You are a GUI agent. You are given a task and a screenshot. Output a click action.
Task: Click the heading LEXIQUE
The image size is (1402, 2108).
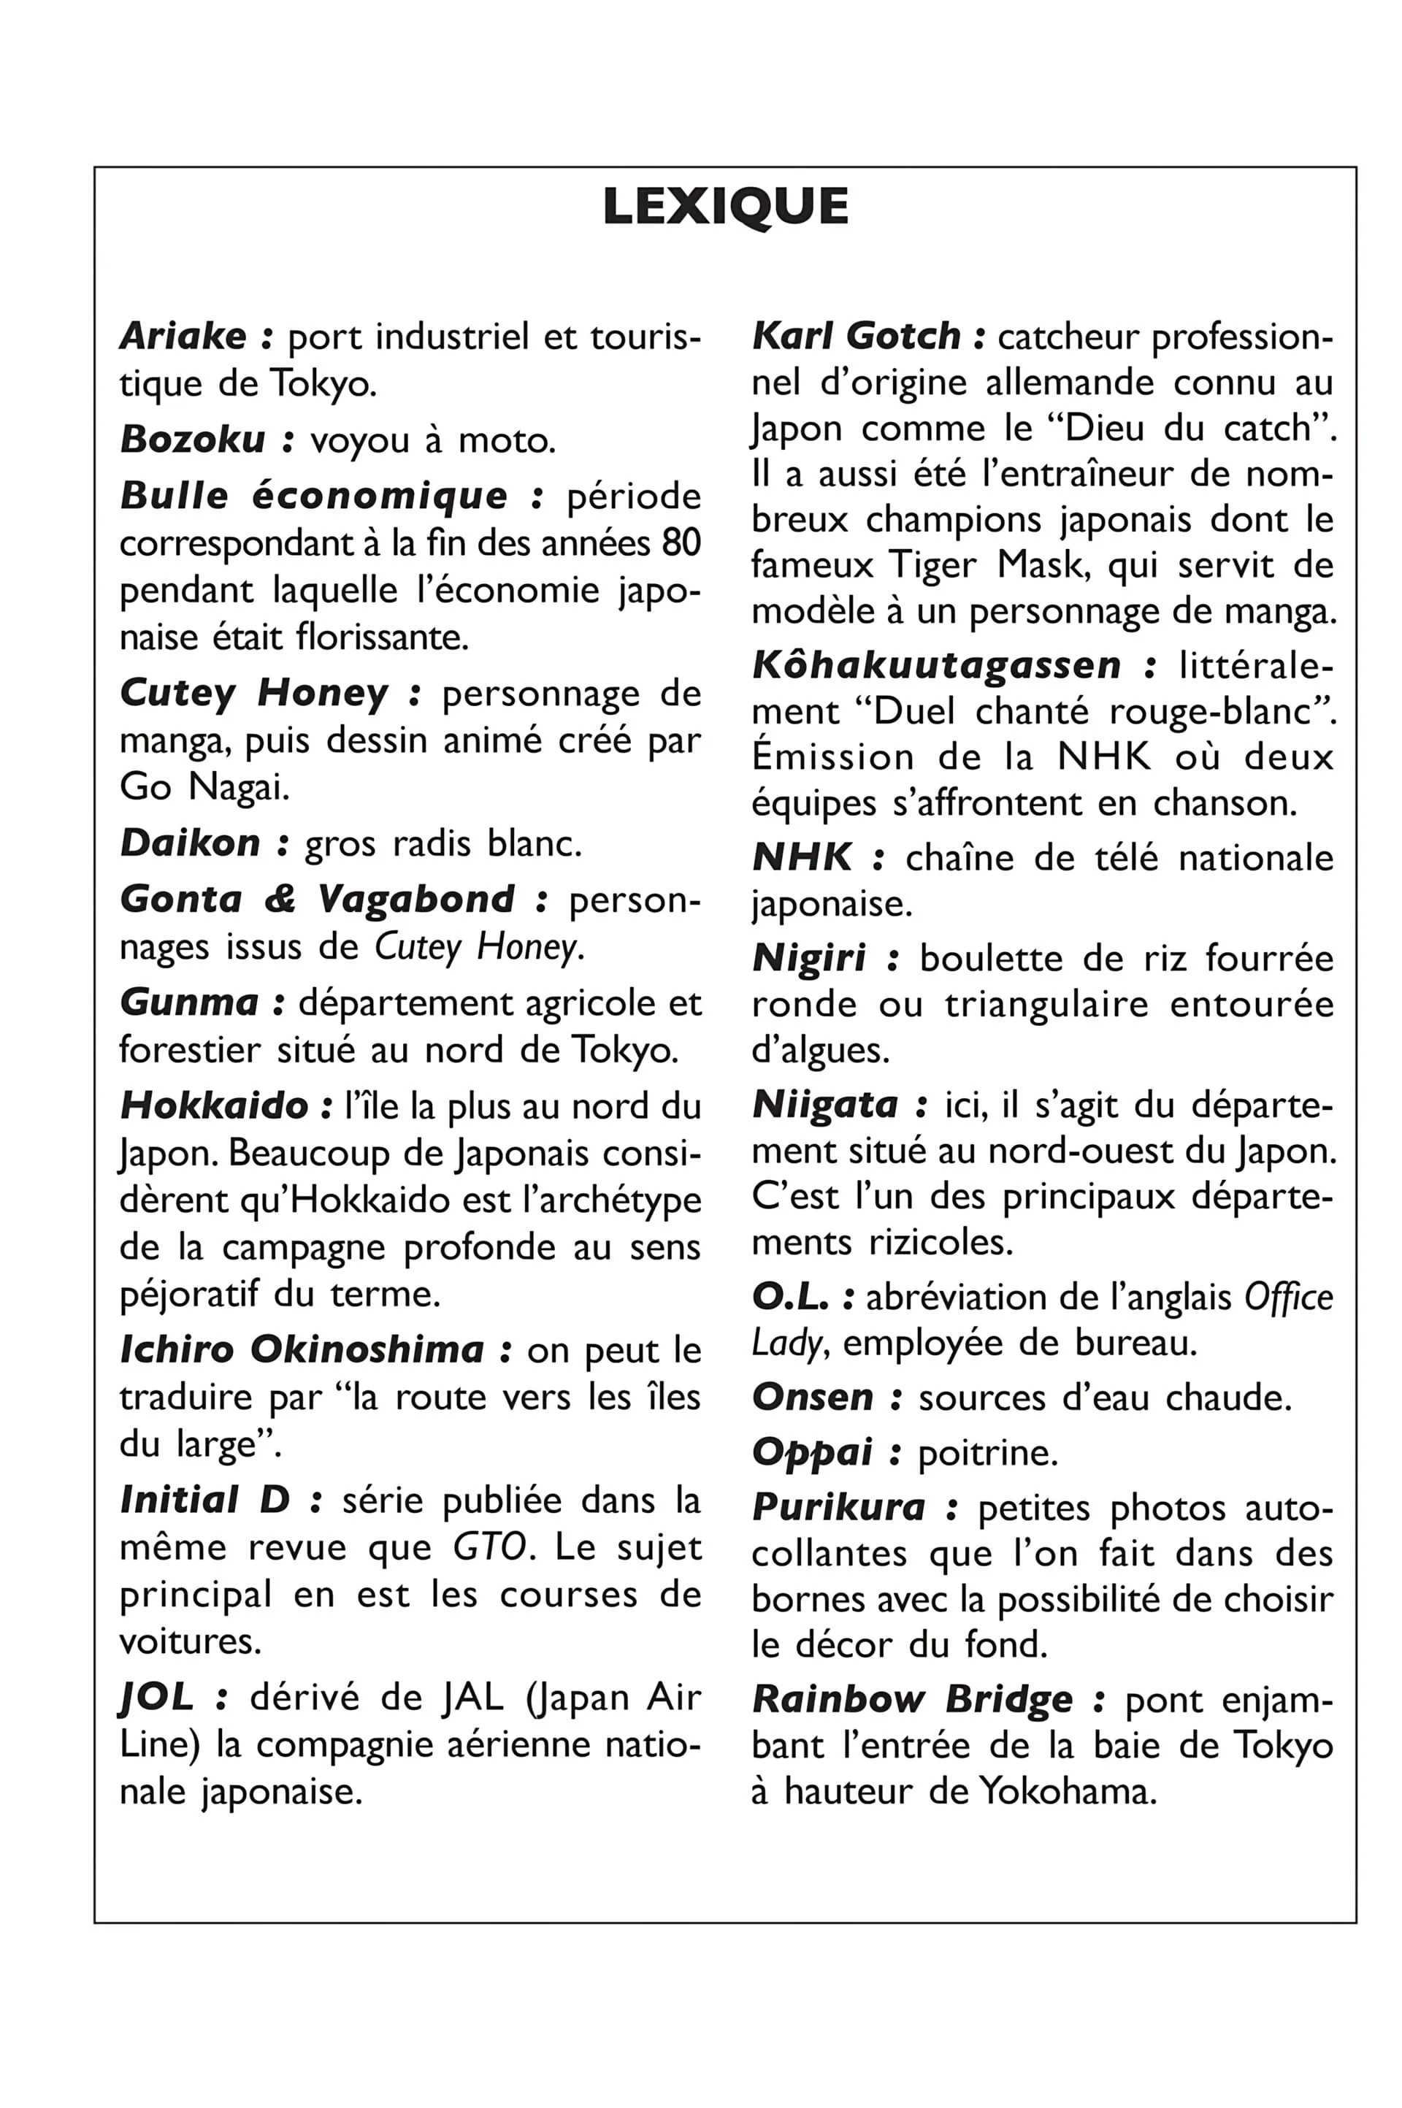pyautogui.click(x=725, y=207)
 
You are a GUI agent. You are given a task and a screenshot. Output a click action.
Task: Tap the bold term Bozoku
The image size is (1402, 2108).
pyautogui.click(x=193, y=439)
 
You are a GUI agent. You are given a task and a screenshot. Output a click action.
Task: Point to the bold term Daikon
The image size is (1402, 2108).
pyautogui.click(x=191, y=843)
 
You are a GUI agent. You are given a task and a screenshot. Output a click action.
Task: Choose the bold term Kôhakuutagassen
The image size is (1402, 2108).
pyautogui.click(x=936, y=665)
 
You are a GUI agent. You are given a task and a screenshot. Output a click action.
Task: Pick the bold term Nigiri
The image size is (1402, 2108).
pyautogui.click(x=809, y=958)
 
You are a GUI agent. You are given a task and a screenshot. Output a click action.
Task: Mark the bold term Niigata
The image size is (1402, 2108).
pyautogui.click(x=824, y=1105)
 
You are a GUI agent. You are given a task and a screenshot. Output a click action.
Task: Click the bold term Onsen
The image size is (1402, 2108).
pyautogui.click(x=813, y=1398)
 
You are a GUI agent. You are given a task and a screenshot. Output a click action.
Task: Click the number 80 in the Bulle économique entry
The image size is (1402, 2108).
pyautogui.click(x=681, y=543)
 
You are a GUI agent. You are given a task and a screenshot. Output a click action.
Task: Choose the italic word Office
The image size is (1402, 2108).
pyautogui.click(x=1288, y=1298)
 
